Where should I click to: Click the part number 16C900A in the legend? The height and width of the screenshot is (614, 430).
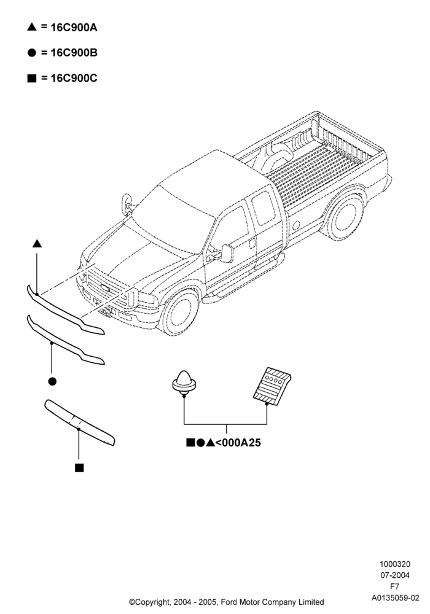coord(74,28)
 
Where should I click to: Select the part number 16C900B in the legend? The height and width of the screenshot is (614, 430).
coord(74,53)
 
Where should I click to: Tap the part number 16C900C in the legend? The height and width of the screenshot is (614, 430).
coord(74,79)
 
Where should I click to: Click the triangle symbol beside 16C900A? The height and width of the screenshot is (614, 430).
coord(32,26)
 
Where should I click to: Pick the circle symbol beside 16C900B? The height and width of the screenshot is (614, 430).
coord(32,53)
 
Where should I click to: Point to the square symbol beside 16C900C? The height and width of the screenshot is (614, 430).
coord(32,79)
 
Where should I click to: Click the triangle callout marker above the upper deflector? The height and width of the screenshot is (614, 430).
coord(37,244)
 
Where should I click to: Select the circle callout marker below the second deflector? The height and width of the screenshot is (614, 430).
coord(52,381)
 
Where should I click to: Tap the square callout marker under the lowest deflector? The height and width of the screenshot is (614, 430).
coord(79,467)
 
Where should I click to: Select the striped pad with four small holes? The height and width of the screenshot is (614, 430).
coord(272,386)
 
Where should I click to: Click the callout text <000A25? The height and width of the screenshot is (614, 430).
coord(238,443)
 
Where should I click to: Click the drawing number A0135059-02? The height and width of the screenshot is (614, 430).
coord(395,598)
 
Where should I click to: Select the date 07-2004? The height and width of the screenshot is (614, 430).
coord(395,575)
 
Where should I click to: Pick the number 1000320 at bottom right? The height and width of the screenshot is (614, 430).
coord(395,564)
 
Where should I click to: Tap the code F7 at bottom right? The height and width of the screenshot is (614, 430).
coord(395,586)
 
